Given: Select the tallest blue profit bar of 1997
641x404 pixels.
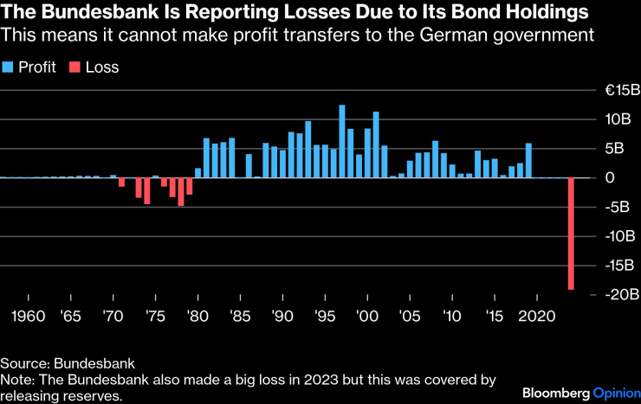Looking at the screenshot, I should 342,142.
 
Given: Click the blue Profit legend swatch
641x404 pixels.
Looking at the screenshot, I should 8,67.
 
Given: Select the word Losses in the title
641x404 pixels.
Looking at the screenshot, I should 287,13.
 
